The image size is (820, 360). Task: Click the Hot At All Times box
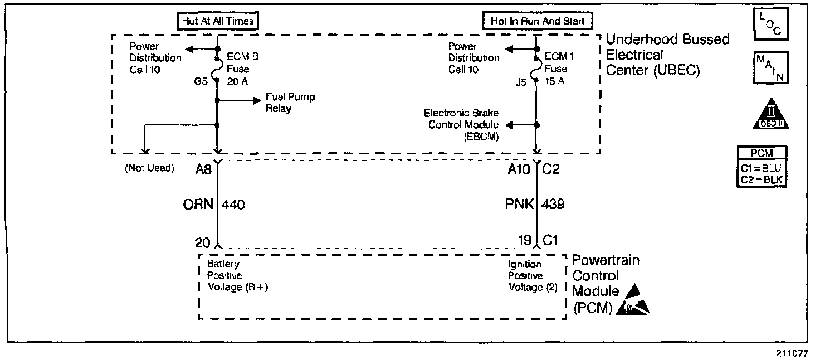point(218,21)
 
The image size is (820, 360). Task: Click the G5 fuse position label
point(201,81)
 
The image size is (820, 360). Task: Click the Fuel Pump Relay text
point(290,103)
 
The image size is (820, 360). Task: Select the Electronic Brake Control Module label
point(462,125)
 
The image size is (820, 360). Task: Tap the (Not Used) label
point(150,167)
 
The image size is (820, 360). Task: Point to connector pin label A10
point(519,168)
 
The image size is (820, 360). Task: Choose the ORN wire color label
point(198,205)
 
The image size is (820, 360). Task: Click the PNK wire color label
point(518,205)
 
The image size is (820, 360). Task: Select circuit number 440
point(233,205)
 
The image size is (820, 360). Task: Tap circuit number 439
point(553,205)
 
